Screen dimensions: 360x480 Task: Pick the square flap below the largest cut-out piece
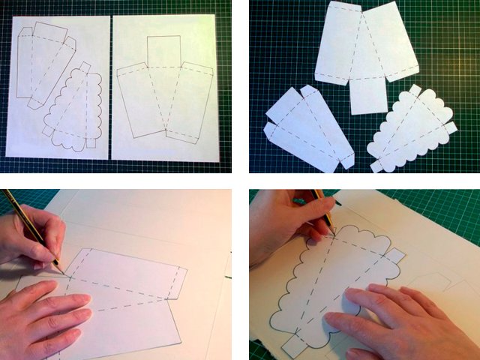(x=368, y=94)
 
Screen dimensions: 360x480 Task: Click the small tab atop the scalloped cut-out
(x=415, y=91)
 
